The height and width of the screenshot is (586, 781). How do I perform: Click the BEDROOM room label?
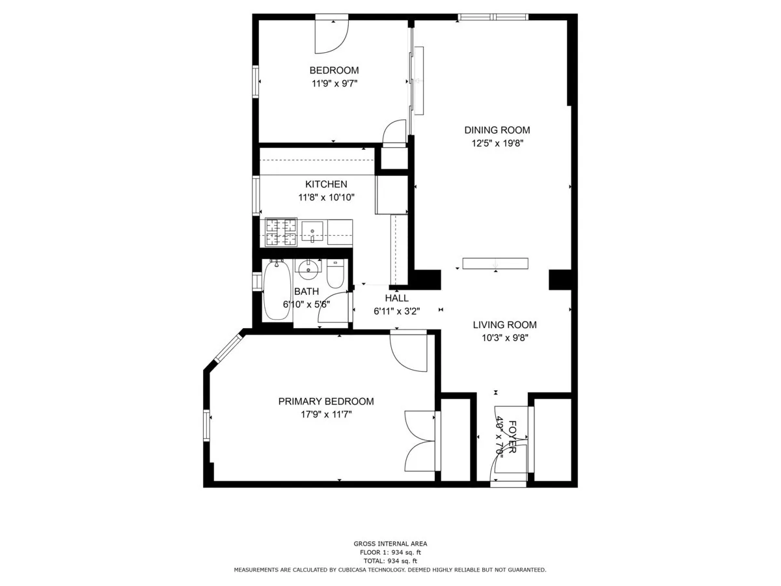pyautogui.click(x=334, y=70)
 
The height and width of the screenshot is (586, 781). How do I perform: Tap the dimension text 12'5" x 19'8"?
pyautogui.click(x=497, y=143)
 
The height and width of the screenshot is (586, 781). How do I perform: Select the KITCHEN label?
pyautogui.click(x=326, y=184)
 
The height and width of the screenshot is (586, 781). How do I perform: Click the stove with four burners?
pyautogui.click(x=281, y=232)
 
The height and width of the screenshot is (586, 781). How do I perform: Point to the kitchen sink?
pyautogui.click(x=313, y=230)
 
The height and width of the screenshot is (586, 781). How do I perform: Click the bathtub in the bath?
pyautogui.click(x=277, y=290)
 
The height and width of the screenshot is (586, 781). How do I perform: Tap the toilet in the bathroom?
pyautogui.click(x=336, y=274)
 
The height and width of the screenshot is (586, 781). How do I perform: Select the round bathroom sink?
pyautogui.click(x=307, y=269)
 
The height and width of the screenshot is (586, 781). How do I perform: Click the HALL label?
pyautogui.click(x=397, y=298)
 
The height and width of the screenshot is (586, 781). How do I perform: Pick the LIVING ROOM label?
pyautogui.click(x=504, y=325)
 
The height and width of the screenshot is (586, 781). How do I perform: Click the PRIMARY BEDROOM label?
pyautogui.click(x=326, y=402)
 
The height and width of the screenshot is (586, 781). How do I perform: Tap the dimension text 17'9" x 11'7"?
pyautogui.click(x=326, y=414)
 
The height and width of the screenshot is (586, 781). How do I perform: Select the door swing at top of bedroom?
pyautogui.click(x=333, y=36)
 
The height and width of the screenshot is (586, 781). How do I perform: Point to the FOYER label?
pyautogui.click(x=512, y=437)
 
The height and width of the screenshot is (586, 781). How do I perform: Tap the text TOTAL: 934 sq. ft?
pyautogui.click(x=390, y=561)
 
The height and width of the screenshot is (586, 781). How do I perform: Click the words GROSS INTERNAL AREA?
pyautogui.click(x=390, y=544)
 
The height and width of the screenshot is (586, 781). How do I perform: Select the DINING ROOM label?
pyautogui.click(x=497, y=130)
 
